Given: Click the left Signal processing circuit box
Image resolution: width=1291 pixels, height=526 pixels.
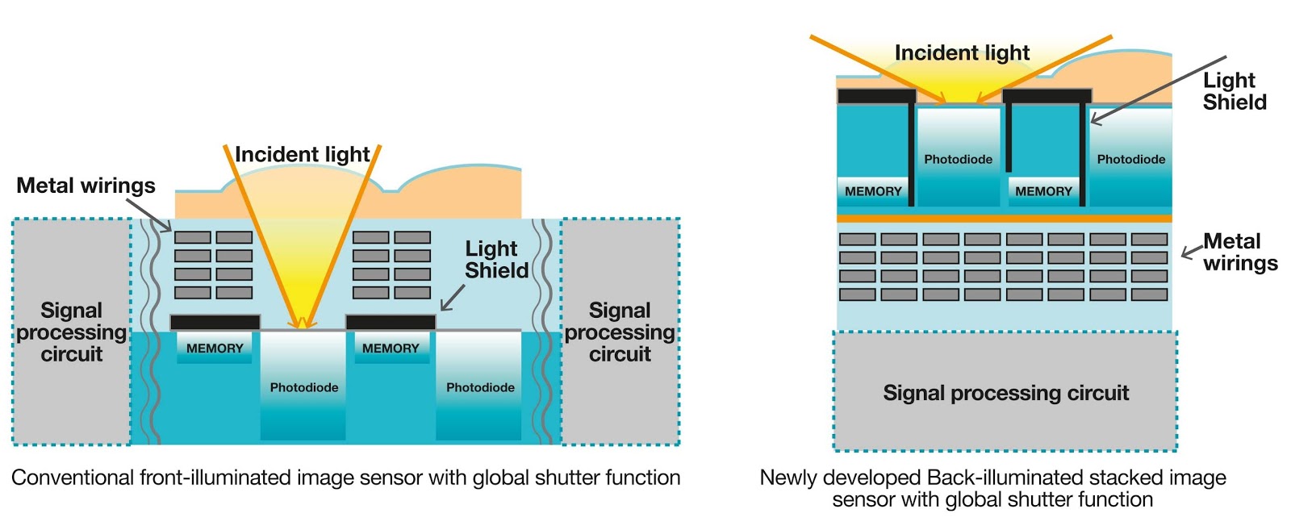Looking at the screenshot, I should [71, 332].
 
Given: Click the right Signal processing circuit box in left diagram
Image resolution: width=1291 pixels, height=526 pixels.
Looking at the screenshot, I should [620, 332].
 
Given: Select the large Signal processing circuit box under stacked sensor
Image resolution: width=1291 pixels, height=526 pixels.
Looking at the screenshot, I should [1005, 393].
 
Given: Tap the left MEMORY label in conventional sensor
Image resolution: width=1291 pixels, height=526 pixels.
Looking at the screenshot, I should [215, 349].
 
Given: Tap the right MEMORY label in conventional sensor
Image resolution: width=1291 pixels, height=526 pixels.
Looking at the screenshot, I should [391, 349].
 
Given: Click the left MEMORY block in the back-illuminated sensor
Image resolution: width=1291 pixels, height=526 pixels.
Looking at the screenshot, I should [873, 191].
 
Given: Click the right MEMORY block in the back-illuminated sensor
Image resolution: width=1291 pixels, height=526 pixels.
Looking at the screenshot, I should [1043, 191].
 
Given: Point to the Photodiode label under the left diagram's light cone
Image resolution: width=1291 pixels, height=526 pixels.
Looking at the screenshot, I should [304, 387].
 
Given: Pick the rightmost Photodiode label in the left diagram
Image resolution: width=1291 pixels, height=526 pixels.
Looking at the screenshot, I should [480, 387].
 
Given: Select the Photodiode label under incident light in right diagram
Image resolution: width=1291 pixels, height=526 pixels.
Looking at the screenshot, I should [958, 159].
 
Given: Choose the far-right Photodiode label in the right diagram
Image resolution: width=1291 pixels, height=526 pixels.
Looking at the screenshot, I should [1130, 159].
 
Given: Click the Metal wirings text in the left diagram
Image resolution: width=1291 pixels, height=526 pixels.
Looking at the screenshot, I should [86, 186].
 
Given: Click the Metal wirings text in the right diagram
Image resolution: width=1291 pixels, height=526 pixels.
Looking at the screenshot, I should [1239, 252].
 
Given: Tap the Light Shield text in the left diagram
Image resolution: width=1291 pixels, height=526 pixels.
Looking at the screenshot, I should [495, 259].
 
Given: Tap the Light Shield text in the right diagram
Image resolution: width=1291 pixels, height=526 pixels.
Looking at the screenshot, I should [1234, 91].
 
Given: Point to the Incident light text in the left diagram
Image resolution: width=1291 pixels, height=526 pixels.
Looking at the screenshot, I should [302, 154].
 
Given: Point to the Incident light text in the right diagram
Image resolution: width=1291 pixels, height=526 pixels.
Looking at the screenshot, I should [962, 53].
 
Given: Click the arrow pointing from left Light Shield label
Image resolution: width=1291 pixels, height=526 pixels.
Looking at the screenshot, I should [453, 298].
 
